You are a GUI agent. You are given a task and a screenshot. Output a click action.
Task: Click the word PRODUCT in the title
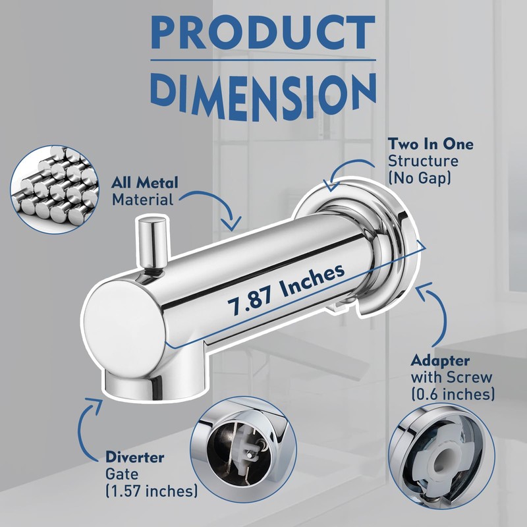(263, 32)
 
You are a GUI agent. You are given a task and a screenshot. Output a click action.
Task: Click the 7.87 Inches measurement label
(287, 290)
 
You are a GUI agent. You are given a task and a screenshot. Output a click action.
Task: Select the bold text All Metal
(144, 183)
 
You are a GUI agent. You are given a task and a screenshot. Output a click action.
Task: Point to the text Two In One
(431, 144)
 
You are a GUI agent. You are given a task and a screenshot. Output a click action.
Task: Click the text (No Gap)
(420, 177)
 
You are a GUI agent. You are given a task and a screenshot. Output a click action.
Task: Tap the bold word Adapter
(440, 360)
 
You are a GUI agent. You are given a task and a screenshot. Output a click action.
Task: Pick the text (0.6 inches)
(453, 393)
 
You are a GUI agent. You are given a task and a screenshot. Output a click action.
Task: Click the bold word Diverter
(135, 457)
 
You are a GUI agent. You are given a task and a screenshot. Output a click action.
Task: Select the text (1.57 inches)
(152, 491)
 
